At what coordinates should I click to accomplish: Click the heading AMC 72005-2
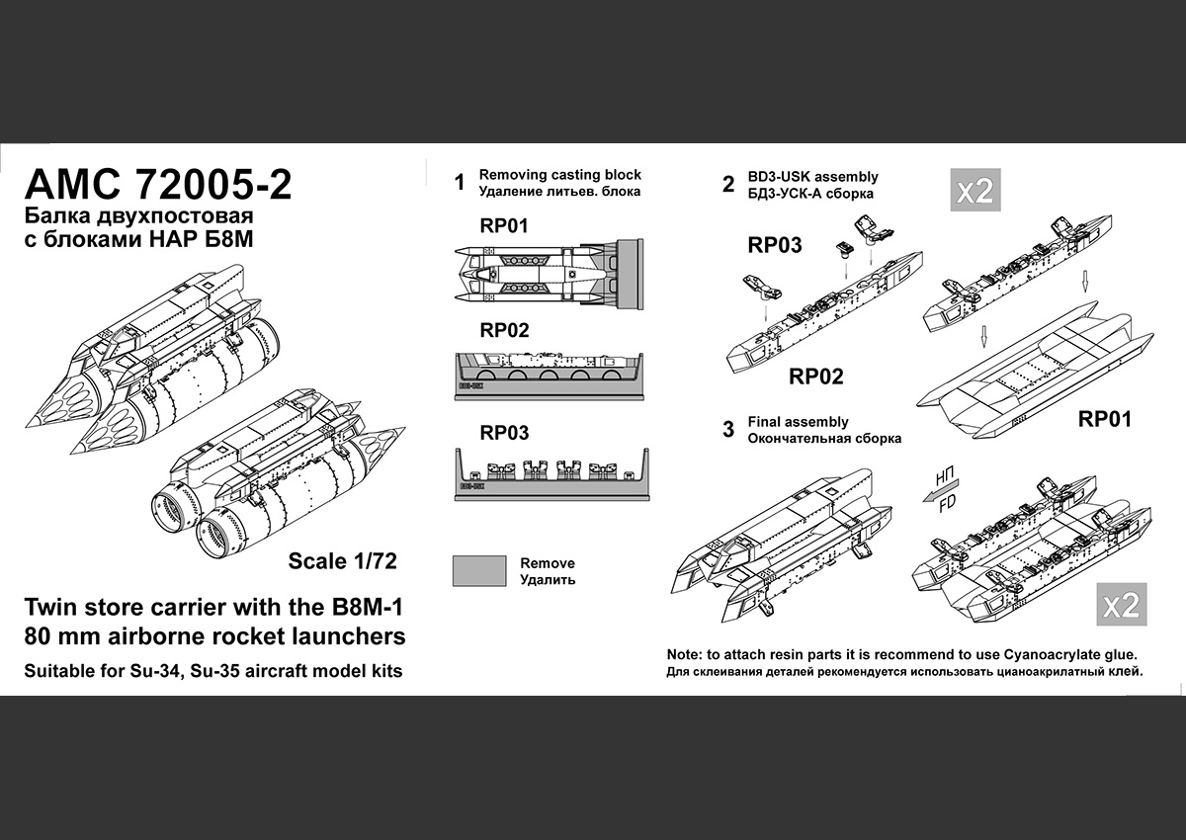[x=157, y=186]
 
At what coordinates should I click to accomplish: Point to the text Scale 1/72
[x=342, y=561]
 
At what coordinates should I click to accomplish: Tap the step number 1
[x=459, y=183]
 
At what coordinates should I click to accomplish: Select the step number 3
[x=728, y=430]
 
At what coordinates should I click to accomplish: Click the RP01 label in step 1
[x=504, y=225]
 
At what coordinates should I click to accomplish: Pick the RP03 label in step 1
[x=504, y=433]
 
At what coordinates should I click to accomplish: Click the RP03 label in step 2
[x=775, y=245]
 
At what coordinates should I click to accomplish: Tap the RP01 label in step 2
[x=1104, y=419]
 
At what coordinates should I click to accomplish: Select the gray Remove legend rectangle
[x=479, y=571]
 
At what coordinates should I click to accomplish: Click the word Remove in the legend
[x=548, y=563]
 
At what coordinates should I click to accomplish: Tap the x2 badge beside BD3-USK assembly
[x=974, y=190]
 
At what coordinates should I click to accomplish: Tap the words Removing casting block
[x=560, y=174]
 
